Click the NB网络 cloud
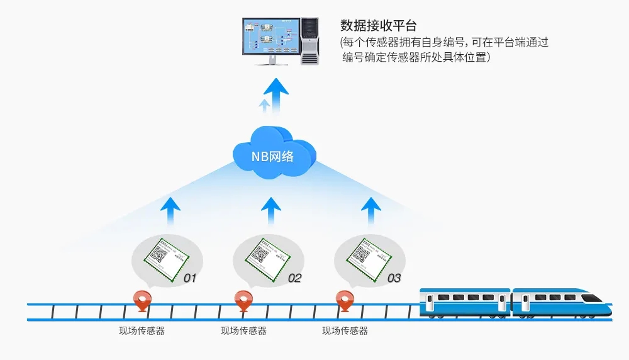pyautogui.click(x=274, y=154)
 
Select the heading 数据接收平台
pyautogui.click(x=379, y=26)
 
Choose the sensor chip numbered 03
pyautogui.click(x=364, y=256)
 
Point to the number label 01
pyautogui.click(x=190, y=278)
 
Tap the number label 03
pyautogui.click(x=394, y=278)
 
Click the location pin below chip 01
pyautogui.click(x=143, y=300)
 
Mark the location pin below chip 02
pyautogui.click(x=243, y=300)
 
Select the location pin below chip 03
pyautogui.click(x=343, y=300)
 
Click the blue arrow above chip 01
pyautogui.click(x=170, y=211)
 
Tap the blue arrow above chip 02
pyautogui.click(x=271, y=211)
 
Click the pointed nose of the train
pyautogui.click(x=605, y=304)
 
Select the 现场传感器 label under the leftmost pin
pyautogui.click(x=142, y=331)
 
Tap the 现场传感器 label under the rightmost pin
pyautogui.click(x=345, y=331)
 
